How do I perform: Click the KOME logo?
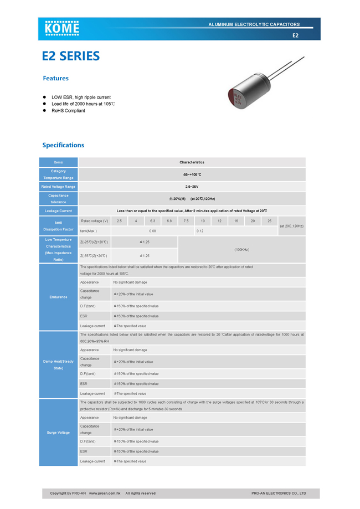62,28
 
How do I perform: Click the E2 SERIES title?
71,56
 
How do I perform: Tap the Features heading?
55,78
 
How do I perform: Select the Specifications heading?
63,145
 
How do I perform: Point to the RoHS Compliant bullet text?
68,111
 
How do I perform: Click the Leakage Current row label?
58,211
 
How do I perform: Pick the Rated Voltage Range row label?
58,187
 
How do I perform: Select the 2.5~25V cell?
192,187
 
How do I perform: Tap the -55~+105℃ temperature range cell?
192,174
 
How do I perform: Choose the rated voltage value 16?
236,221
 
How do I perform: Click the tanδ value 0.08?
152,230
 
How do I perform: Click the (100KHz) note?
241,249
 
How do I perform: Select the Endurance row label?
58,297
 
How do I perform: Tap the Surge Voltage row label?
58,433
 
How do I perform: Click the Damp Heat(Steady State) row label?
58,364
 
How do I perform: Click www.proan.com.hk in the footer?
105,493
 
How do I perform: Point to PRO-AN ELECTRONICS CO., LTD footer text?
279,493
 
